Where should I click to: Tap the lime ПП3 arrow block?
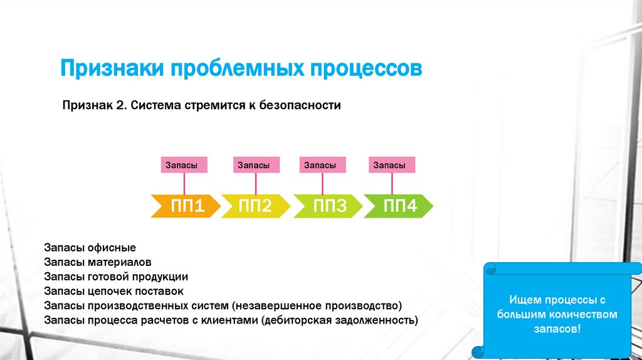[x=328, y=206]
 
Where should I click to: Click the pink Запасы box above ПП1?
[x=184, y=165]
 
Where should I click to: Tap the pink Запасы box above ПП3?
[x=322, y=165]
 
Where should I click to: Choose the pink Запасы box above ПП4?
[x=392, y=165]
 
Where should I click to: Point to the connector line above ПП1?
[x=184, y=184]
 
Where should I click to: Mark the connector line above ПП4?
[x=392, y=184]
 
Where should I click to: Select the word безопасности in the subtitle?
[x=299, y=105]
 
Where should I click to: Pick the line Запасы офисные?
[x=90, y=248]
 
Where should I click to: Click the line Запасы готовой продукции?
[x=116, y=276]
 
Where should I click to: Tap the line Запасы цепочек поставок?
[x=113, y=291]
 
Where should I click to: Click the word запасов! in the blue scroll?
[x=557, y=328]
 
